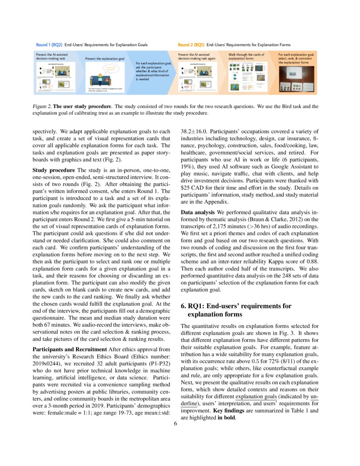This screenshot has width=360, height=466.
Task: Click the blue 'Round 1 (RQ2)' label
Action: pyautogui.click(x=49, y=44)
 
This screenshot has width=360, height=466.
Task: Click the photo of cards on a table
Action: pyautogui.click(x=297, y=80)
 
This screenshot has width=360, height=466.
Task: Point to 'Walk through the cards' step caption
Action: pyautogui.click(x=246, y=56)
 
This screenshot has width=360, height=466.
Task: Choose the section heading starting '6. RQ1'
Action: pyautogui.click(x=236, y=306)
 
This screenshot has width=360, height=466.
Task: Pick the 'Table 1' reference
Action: pyautogui.click(x=299, y=410)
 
